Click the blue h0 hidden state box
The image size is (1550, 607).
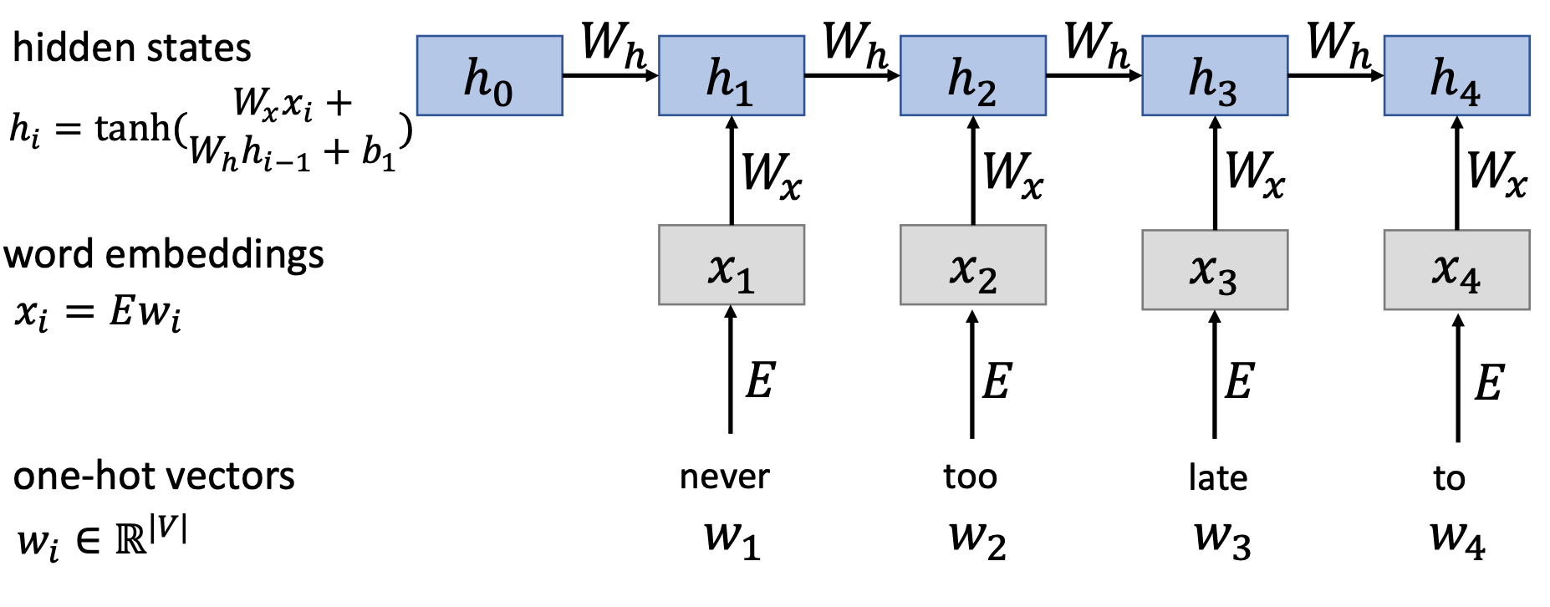tap(489, 75)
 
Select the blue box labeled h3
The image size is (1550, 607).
tap(1214, 75)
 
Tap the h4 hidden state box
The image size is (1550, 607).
tap(1456, 75)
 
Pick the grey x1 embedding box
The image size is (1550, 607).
tap(732, 265)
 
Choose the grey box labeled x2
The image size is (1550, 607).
tap(972, 265)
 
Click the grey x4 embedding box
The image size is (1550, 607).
tap(1456, 270)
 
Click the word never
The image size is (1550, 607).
tap(724, 477)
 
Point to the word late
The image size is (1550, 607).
tap(1217, 478)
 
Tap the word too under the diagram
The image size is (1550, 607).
tap(970, 477)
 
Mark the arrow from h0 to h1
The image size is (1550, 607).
tap(610, 75)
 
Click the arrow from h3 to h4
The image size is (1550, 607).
tap(1335, 75)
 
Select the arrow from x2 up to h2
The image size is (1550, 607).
tap(972, 171)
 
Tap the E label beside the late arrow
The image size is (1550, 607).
tap(1239, 381)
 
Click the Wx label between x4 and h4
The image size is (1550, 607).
tap(1496, 174)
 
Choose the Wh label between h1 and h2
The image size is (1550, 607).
tap(854, 43)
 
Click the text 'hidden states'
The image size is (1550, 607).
tap(132, 48)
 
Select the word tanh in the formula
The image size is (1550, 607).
tap(132, 128)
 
